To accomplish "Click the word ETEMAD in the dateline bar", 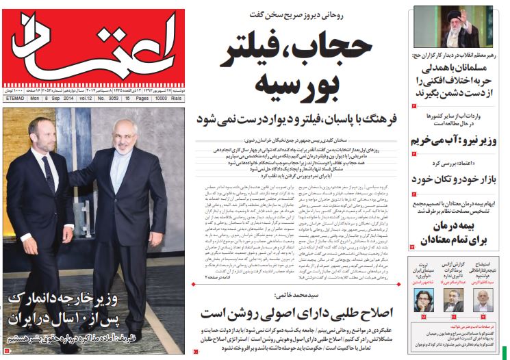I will (14, 98).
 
